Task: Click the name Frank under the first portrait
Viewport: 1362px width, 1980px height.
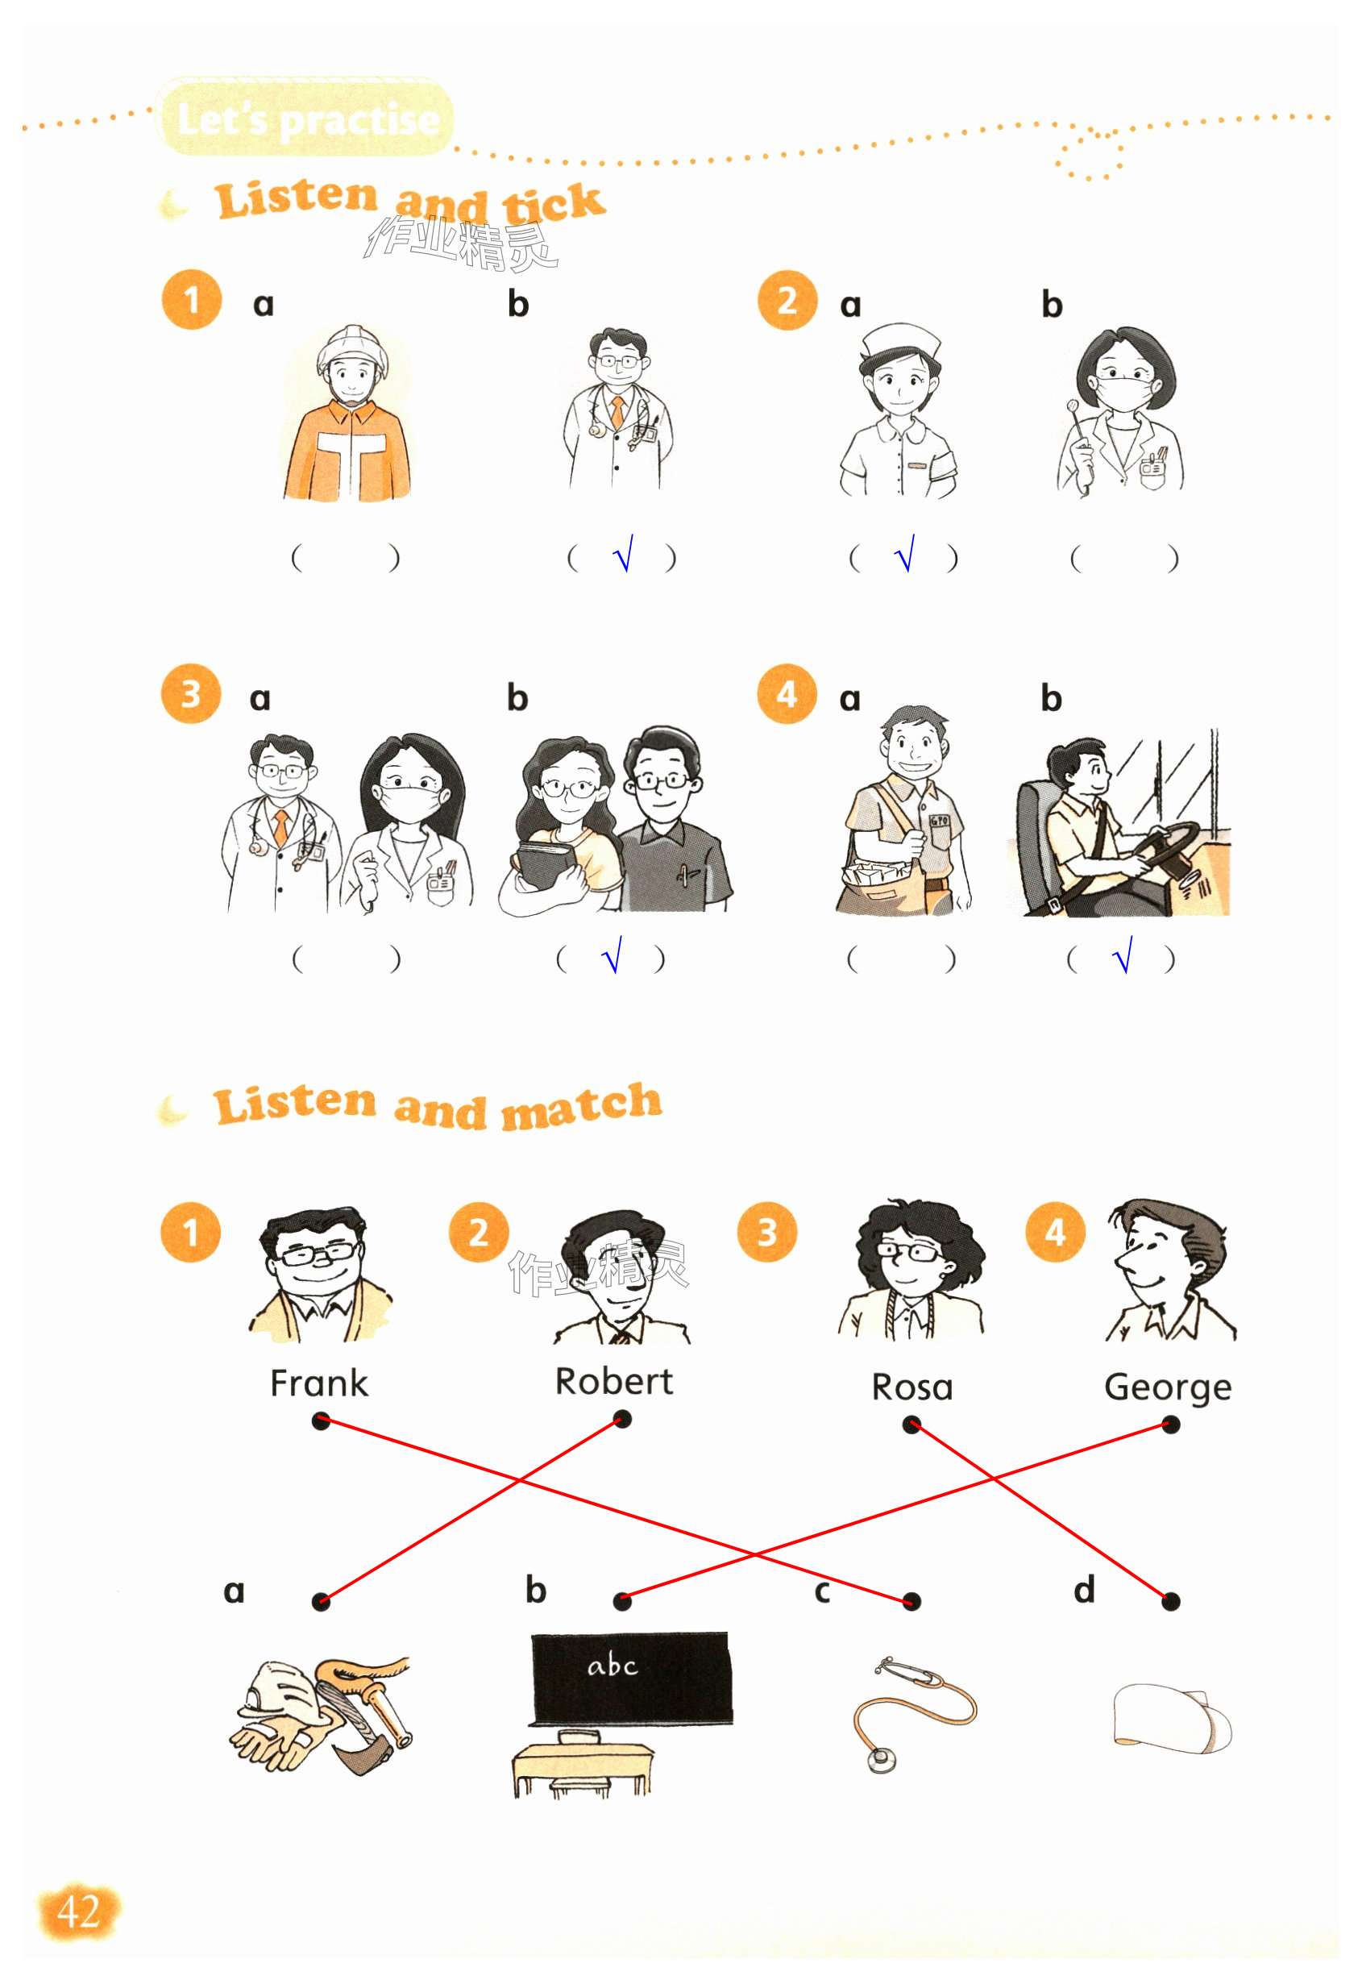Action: (x=318, y=1383)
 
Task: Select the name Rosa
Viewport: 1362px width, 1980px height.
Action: (x=911, y=1387)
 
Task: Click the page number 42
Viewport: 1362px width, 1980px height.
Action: (x=78, y=1911)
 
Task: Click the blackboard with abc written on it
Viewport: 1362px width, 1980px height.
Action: (x=632, y=1678)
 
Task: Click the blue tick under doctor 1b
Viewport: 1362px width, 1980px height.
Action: (x=624, y=554)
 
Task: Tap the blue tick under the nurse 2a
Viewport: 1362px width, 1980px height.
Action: (x=904, y=554)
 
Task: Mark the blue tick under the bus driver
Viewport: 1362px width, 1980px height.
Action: (x=1124, y=955)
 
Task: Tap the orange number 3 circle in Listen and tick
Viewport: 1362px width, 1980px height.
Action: (x=190, y=693)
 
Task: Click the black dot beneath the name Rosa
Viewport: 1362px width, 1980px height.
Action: (x=911, y=1425)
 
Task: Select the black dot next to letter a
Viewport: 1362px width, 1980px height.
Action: (x=321, y=1602)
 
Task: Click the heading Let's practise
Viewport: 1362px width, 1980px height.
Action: (x=308, y=119)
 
